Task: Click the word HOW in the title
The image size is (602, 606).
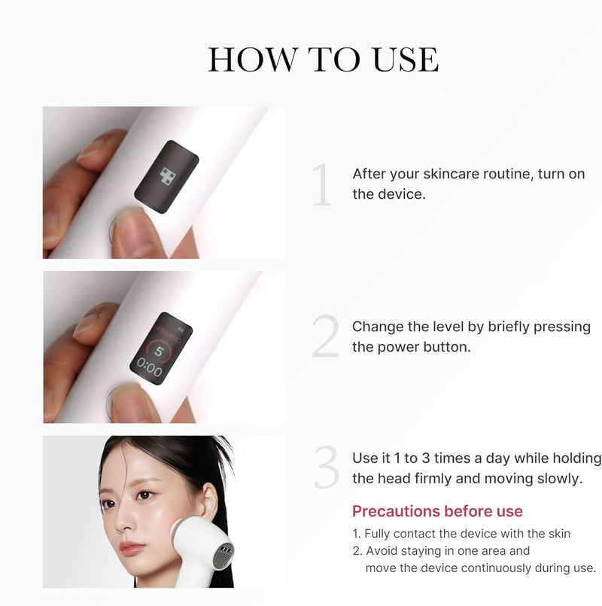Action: pyautogui.click(x=253, y=59)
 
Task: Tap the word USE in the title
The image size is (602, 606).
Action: pyautogui.click(x=406, y=59)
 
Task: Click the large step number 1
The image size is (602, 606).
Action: pyautogui.click(x=323, y=184)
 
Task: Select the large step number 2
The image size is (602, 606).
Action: pyautogui.click(x=325, y=336)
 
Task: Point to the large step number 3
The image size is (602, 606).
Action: pyautogui.click(x=327, y=467)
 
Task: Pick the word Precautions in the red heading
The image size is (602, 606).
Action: pyautogui.click(x=396, y=511)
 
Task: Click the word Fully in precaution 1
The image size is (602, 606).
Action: pyautogui.click(x=377, y=534)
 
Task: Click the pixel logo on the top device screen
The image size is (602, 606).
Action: pyautogui.click(x=168, y=176)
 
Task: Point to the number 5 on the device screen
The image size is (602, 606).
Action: pyautogui.click(x=159, y=351)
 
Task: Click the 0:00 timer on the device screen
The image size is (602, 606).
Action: pyautogui.click(x=149, y=368)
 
